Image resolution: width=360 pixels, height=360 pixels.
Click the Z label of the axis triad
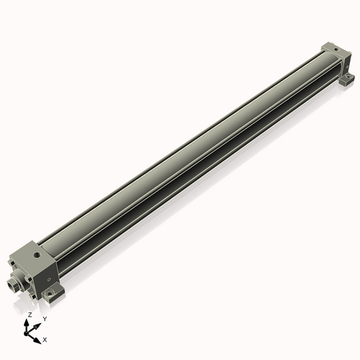click(29, 315)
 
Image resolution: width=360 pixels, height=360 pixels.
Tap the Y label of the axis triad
click(44, 318)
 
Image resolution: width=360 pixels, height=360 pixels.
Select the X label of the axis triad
click(45, 338)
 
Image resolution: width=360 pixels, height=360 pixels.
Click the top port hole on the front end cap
click(36, 255)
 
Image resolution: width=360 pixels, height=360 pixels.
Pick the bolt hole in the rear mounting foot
click(348, 77)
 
